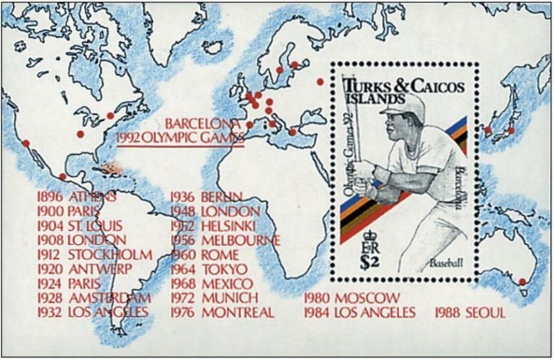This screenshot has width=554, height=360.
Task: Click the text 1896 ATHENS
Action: [x=76, y=196]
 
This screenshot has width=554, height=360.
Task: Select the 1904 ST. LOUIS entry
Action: [x=80, y=226]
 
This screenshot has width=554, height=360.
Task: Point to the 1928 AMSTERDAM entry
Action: [x=93, y=298]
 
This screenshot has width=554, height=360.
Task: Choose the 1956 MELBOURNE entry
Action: [x=225, y=240]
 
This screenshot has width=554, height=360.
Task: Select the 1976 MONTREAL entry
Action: [x=222, y=312]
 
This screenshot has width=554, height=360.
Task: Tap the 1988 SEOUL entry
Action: [x=470, y=313]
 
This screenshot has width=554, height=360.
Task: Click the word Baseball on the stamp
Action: [x=445, y=264]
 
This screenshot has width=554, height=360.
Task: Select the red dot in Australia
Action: [x=523, y=282]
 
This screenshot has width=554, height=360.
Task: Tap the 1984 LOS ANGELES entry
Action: [x=361, y=313]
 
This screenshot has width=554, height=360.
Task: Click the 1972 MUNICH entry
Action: [x=214, y=298]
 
